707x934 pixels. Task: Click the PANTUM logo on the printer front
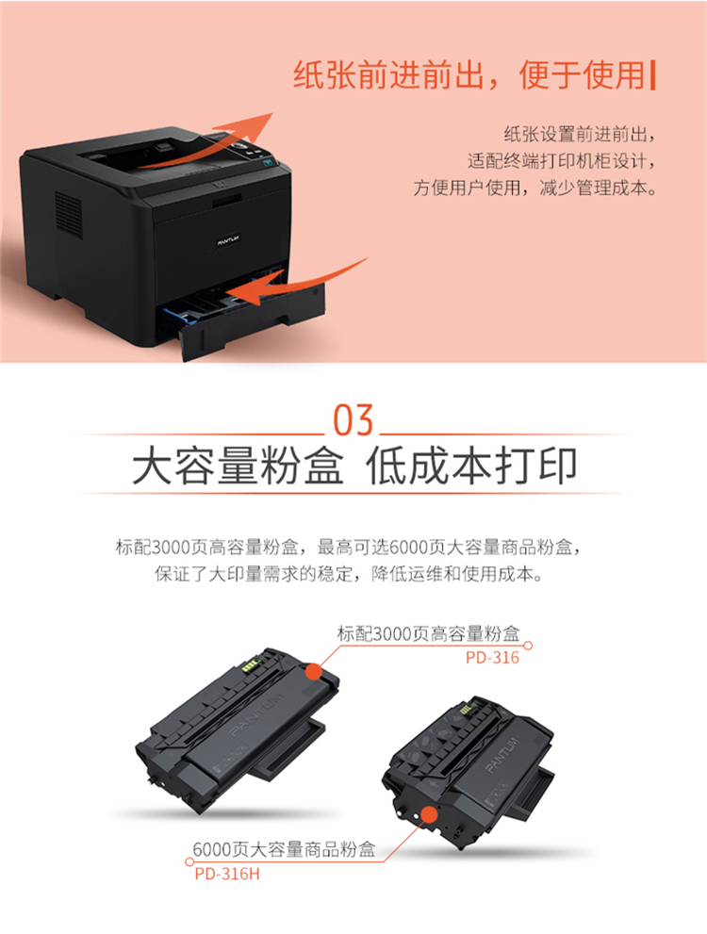pos(227,240)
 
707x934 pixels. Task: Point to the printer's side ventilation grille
pos(69,215)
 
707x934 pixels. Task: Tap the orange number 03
pos(353,420)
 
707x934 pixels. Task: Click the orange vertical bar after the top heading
pos(653,75)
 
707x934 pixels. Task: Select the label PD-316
pos(493,658)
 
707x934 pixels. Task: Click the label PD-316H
pos(227,874)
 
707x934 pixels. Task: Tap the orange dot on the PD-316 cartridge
pos(314,673)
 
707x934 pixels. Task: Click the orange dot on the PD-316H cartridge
pos(428,814)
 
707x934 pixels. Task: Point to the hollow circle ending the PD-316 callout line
pos(528,645)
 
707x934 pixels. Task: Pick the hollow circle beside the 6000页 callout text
pos(189,861)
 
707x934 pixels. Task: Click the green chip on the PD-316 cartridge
pos(251,664)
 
